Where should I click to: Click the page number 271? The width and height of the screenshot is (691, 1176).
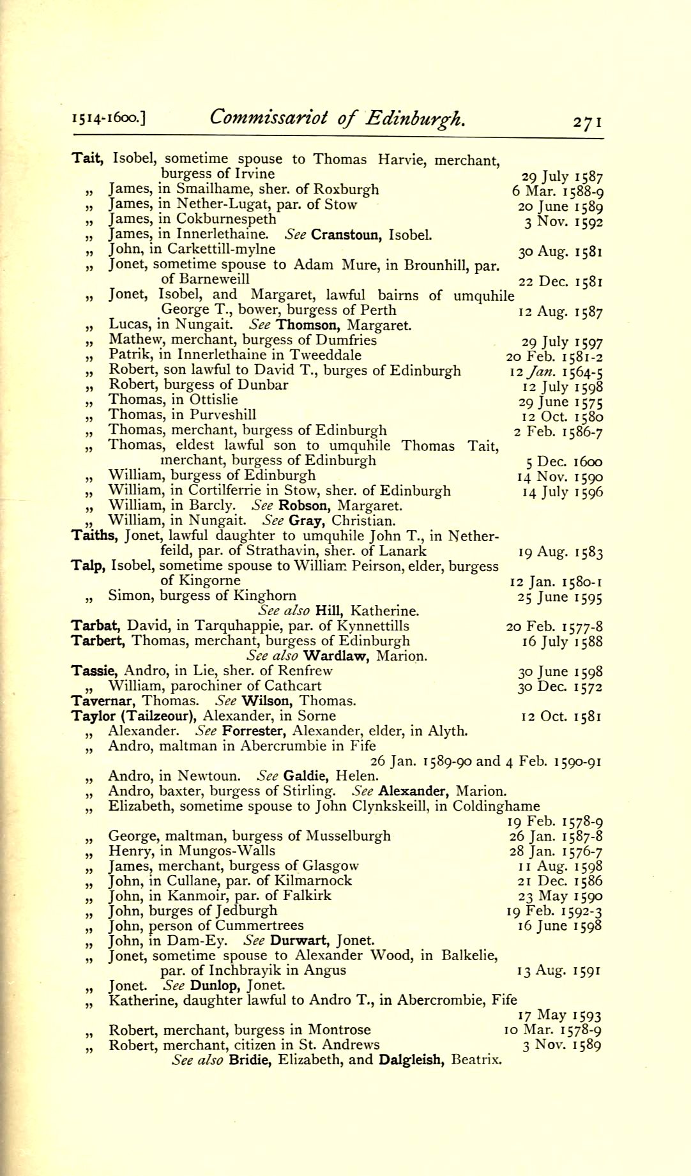587,121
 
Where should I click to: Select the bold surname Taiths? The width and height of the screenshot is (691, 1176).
93,535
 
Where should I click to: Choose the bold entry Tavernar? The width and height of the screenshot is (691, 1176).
103,701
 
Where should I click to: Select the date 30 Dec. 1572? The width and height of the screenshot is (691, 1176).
560,687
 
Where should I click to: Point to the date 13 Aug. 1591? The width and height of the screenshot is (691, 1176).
559,971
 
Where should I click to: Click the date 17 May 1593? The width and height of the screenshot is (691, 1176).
561,1016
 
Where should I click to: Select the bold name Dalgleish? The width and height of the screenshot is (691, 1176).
412,1060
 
